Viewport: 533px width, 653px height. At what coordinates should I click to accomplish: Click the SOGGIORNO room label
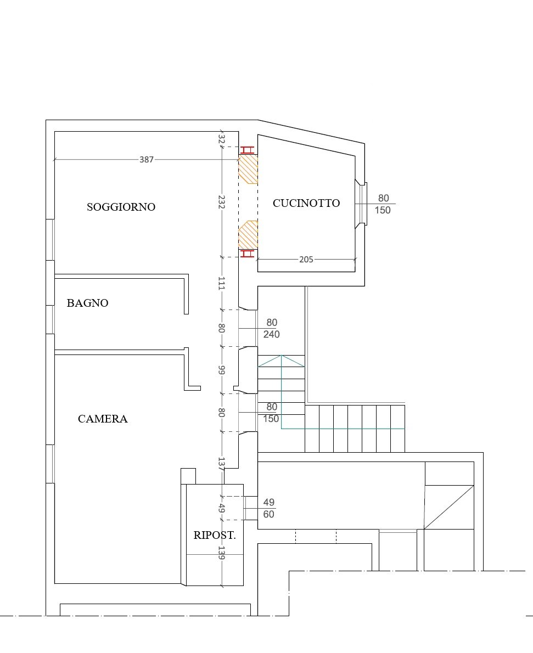[121, 207]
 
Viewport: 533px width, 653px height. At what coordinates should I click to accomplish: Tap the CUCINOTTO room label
[306, 203]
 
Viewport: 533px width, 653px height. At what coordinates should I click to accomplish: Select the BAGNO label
[87, 303]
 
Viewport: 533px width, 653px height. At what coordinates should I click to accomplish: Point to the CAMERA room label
[103, 419]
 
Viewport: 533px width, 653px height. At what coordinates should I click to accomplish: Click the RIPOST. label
[215, 535]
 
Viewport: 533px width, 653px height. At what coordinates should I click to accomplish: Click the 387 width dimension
[147, 160]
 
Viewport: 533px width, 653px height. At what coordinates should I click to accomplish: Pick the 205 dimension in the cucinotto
[306, 260]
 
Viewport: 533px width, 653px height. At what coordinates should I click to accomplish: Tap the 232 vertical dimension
[222, 202]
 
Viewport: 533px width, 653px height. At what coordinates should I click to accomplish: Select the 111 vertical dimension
[222, 283]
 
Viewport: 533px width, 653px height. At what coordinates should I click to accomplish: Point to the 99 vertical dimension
[222, 370]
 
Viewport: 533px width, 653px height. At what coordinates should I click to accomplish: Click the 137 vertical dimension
[222, 464]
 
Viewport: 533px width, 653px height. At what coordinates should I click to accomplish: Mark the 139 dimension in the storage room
[222, 553]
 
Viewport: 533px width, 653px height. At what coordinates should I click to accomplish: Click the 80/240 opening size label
[272, 328]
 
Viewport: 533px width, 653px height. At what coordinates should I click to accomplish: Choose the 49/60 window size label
[269, 508]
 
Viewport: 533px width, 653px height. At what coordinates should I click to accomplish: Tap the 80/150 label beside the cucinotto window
[383, 204]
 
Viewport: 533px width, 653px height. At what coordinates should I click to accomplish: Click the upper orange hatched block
[248, 169]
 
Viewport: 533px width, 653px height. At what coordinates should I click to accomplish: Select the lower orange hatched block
[248, 235]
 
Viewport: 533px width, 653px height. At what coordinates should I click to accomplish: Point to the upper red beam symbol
[247, 150]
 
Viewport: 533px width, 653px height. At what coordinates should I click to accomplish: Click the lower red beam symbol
[247, 253]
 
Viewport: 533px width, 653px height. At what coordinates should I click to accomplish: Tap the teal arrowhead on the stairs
[281, 361]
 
